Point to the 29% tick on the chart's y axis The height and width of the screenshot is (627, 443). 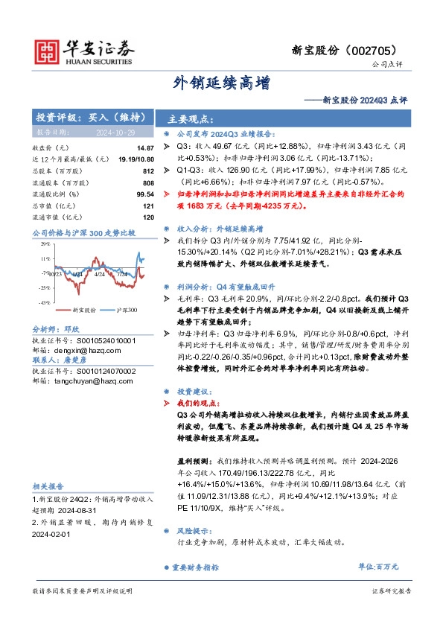point(45,244)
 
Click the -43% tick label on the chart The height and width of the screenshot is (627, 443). point(45,302)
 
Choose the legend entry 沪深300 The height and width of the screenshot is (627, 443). point(109,310)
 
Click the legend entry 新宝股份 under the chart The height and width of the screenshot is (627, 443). point(66,310)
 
